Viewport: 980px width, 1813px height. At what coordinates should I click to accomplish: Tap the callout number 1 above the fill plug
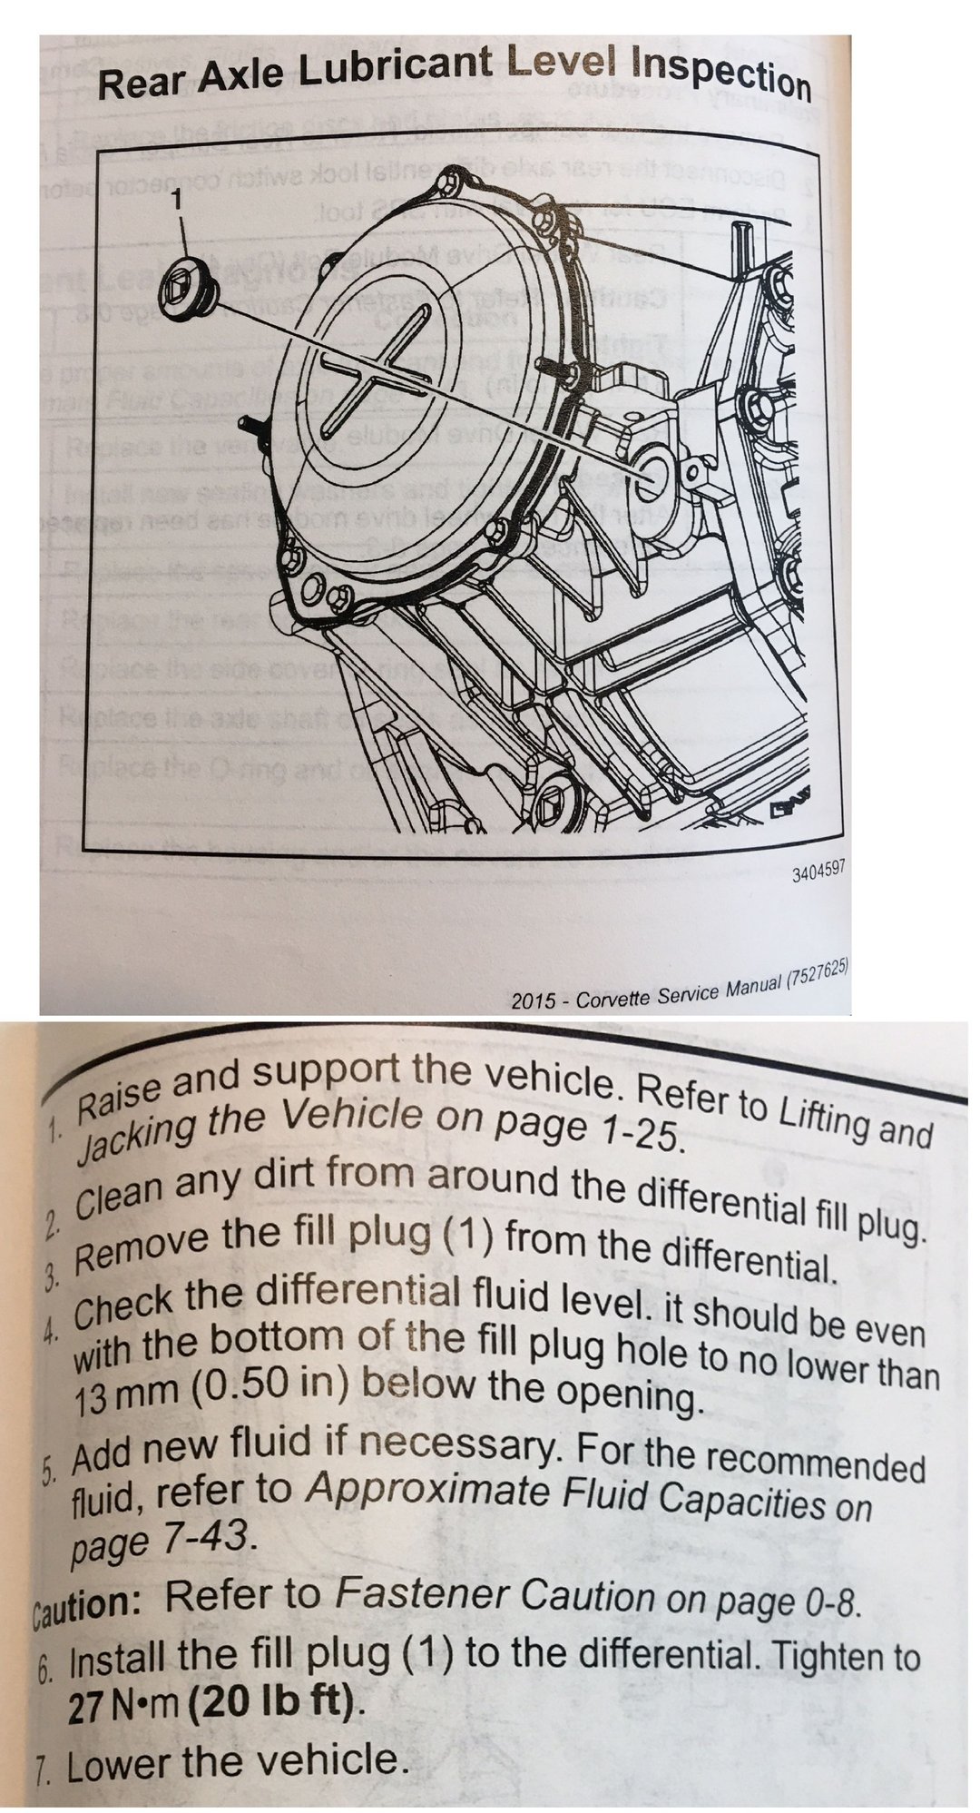click(x=180, y=198)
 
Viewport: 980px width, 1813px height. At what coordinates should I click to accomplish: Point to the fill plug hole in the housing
click(x=650, y=475)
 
